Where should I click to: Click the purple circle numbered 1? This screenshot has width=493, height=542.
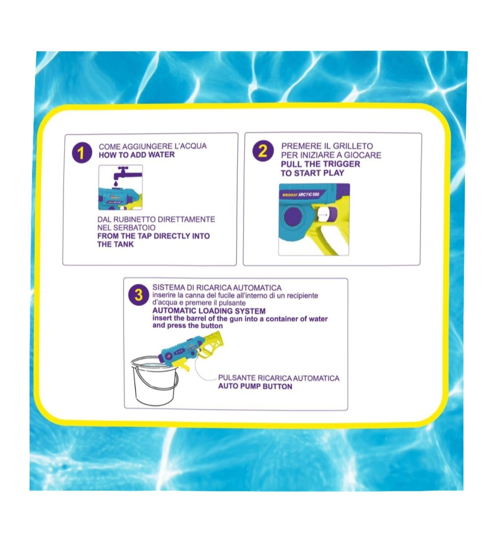click(x=82, y=153)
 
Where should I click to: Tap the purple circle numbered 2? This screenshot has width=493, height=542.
click(x=263, y=151)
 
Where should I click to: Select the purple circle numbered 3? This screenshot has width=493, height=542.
click(x=139, y=295)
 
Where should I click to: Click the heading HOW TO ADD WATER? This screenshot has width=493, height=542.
click(x=137, y=155)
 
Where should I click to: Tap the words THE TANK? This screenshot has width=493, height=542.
click(x=115, y=244)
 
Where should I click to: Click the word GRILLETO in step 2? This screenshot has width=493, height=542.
click(x=352, y=146)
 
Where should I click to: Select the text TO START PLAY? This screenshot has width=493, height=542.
click(x=313, y=173)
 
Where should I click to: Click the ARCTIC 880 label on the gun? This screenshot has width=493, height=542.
click(x=309, y=195)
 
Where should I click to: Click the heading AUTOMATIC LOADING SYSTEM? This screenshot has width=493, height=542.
click(x=209, y=311)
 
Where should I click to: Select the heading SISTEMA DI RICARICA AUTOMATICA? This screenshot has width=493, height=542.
click(x=217, y=288)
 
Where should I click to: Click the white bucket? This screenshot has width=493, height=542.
click(x=155, y=380)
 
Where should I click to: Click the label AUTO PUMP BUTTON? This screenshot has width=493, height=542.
click(x=255, y=386)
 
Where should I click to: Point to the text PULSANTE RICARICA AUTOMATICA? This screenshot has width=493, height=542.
click(x=279, y=378)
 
